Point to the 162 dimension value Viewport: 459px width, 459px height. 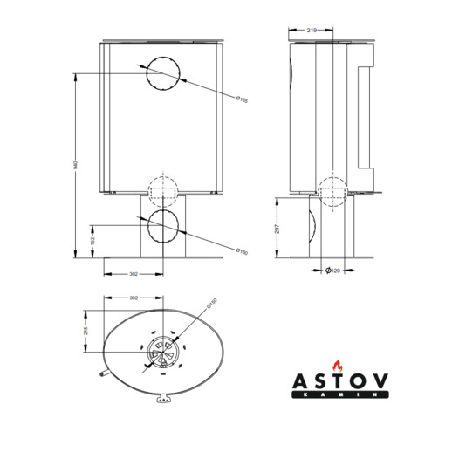click(92, 236)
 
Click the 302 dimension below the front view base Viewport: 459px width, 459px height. click(133, 274)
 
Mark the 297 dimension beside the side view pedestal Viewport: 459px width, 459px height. click(277, 227)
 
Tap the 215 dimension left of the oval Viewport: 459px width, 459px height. click(86, 331)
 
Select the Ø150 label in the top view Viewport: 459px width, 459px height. click(210, 307)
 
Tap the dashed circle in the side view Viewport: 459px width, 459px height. click(333, 191)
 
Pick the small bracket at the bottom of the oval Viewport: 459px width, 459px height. click(161, 400)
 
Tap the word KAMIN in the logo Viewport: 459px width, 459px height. click(341, 394)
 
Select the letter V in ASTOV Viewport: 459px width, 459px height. click(380, 382)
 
